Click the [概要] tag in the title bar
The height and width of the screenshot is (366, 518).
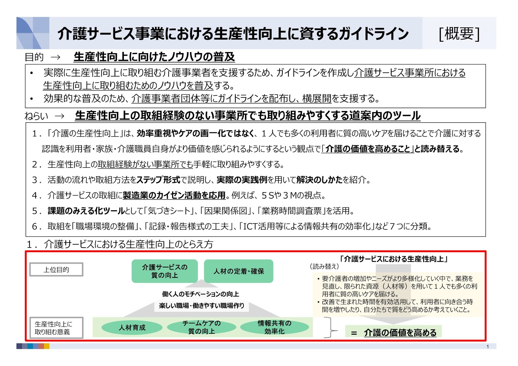coord(459,33)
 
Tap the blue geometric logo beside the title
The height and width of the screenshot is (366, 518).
coord(32,33)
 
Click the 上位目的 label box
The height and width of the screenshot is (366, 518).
coord(56,270)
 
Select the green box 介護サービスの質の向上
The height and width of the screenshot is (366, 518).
coord(164,271)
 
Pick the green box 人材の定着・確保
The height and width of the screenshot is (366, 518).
coord(239,271)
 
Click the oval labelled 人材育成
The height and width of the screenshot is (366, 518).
coord(132,327)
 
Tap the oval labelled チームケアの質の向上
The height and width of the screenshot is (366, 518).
coord(201,327)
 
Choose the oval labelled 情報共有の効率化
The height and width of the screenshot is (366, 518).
coord(275,327)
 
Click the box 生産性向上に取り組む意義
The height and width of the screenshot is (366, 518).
coord(56,328)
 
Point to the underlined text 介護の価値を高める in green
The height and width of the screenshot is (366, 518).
coord(400,333)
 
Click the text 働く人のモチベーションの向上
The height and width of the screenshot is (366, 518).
coord(201,294)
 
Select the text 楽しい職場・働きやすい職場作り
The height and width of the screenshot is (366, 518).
coord(201,305)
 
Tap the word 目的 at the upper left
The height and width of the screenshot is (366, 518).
coord(34,57)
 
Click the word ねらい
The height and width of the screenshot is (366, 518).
coord(36,116)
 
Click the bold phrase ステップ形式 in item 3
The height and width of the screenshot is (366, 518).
coord(158,180)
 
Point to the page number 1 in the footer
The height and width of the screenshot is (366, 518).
coord(488,347)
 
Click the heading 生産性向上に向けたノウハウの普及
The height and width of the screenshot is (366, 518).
coord(154,57)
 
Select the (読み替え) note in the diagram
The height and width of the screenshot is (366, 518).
coord(324,266)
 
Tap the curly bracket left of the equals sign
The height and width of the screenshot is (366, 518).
coord(331,327)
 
